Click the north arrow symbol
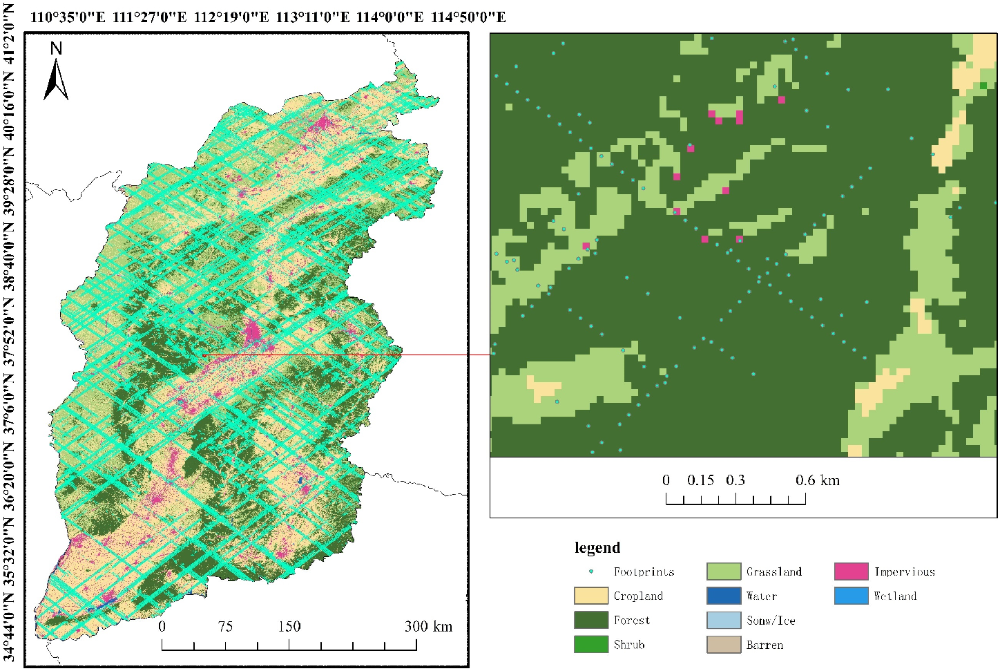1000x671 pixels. tap(56, 80)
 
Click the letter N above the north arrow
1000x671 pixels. tap(56, 48)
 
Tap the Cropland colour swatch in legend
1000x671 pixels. tap(590, 596)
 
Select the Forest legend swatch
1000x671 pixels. tap(590, 620)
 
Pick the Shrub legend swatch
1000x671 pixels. tap(590, 644)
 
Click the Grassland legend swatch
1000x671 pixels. tap(723, 571)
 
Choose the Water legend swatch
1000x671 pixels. tap(723, 596)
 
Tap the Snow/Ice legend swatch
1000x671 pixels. tap(723, 620)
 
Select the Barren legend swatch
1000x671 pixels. tap(723, 644)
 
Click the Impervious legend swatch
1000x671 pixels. tap(851, 571)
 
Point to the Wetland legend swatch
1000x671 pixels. tap(851, 596)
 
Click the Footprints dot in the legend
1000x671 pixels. tap(591, 571)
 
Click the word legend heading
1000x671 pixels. tap(597, 548)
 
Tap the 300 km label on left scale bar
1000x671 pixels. tap(428, 627)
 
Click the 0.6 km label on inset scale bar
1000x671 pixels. tap(818, 480)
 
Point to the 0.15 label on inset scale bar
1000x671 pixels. tap(700, 480)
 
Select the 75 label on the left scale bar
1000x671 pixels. tap(225, 627)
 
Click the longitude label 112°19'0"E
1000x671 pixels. tap(231, 17)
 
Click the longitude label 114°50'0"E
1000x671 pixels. tap(468, 17)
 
